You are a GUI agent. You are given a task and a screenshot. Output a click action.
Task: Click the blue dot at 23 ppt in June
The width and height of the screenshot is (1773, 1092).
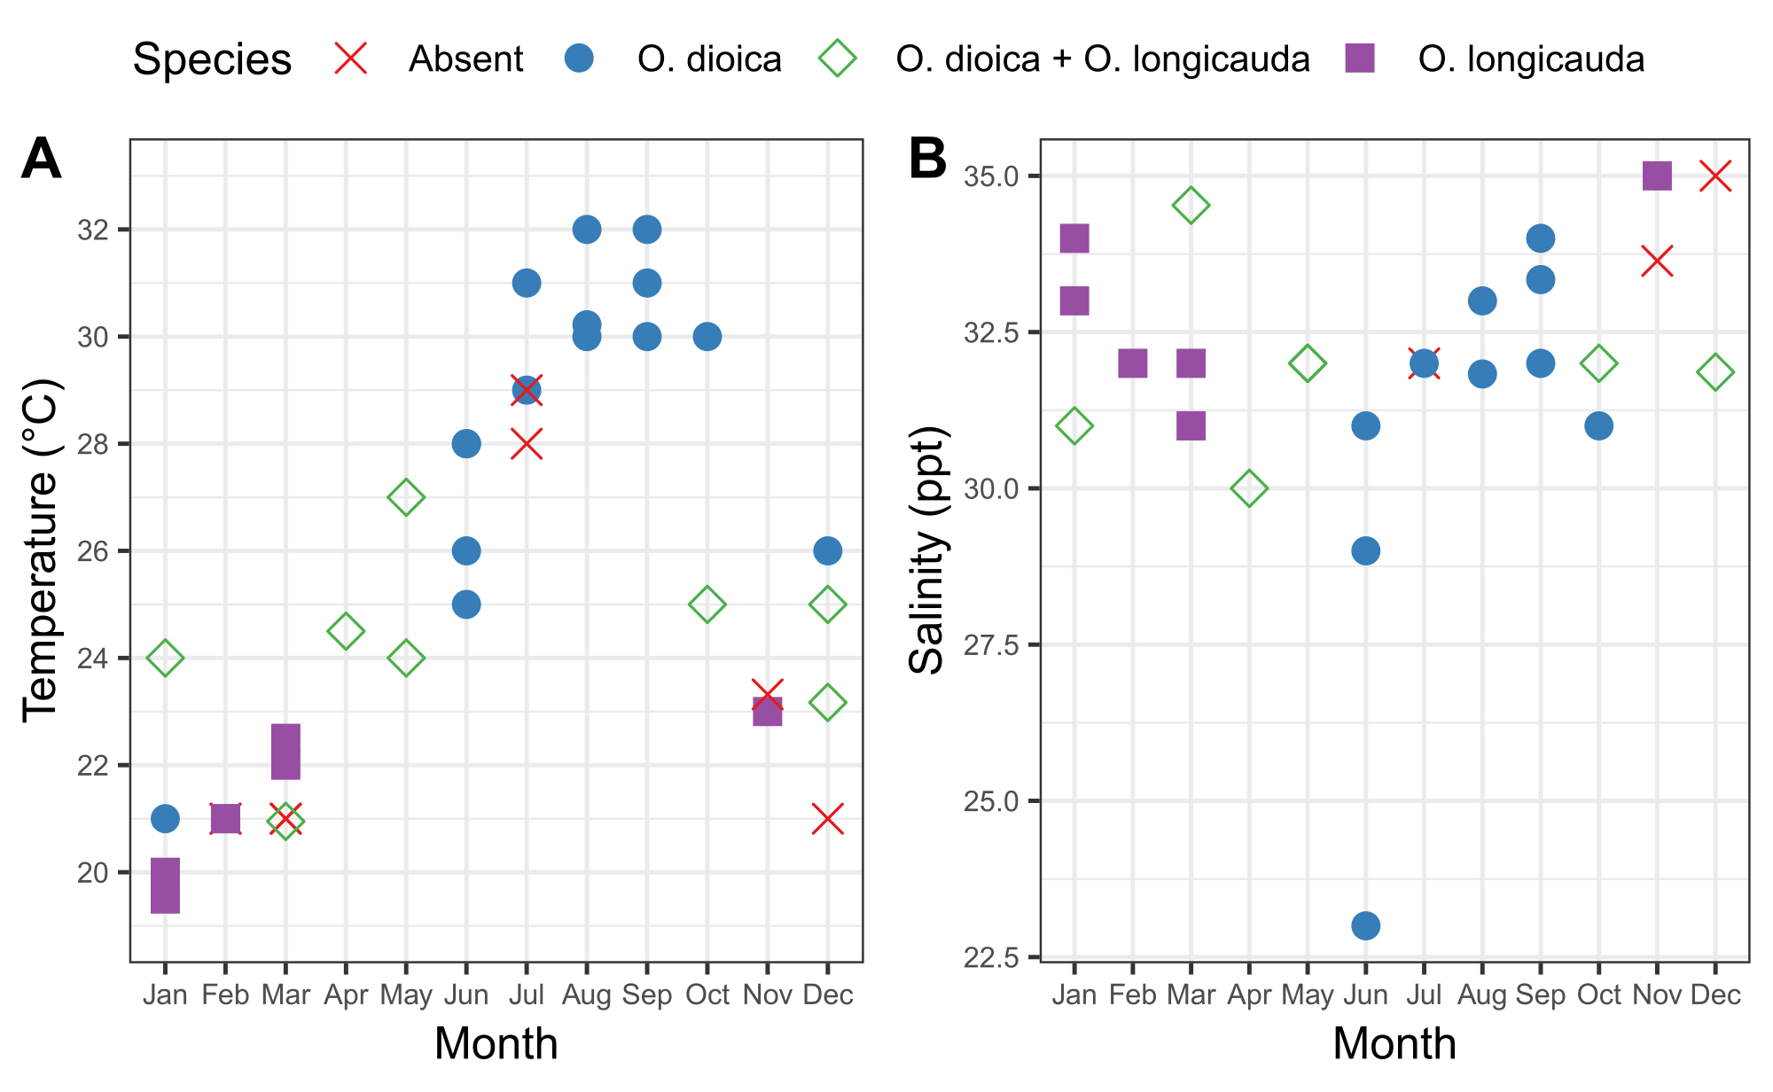tap(1365, 926)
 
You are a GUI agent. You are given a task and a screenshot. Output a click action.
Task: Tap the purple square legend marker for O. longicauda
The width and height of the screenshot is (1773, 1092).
tap(1360, 59)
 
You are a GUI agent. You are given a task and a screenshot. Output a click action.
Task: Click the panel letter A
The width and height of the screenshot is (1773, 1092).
tap(42, 160)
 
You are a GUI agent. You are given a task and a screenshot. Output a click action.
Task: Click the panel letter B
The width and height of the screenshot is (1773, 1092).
tap(928, 160)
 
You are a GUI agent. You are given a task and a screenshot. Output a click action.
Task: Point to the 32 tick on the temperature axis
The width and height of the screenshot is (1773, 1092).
tap(93, 230)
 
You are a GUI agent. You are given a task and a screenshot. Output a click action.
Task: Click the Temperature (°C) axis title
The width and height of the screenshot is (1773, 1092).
tap(41, 550)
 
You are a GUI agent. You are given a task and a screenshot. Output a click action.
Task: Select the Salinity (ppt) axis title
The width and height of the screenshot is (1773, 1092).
tap(928, 550)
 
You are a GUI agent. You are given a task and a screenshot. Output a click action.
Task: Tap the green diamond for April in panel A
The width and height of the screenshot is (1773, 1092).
tap(346, 631)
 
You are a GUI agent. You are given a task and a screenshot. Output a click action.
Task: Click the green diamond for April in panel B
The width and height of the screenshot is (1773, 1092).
tap(1249, 488)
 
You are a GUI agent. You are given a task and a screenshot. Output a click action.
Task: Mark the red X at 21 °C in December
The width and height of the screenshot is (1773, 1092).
tap(827, 819)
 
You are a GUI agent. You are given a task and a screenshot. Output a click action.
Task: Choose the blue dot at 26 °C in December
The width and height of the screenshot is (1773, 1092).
tap(827, 551)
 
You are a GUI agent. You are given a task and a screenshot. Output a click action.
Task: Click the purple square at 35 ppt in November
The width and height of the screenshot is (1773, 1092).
tap(1657, 176)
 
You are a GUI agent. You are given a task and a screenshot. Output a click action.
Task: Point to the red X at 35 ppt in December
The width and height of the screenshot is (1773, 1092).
tap(1715, 176)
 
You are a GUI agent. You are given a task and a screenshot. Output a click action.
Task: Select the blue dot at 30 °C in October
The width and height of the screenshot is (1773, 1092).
tap(707, 337)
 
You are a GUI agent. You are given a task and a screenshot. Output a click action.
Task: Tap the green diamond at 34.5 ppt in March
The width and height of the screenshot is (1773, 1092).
tap(1191, 206)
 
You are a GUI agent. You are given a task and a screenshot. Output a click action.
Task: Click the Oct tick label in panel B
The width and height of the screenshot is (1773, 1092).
tap(1598, 995)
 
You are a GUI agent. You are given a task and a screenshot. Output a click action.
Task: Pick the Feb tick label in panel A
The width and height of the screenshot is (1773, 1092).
tap(225, 995)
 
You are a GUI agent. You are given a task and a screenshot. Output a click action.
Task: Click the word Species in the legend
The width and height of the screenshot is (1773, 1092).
tap(212, 60)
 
